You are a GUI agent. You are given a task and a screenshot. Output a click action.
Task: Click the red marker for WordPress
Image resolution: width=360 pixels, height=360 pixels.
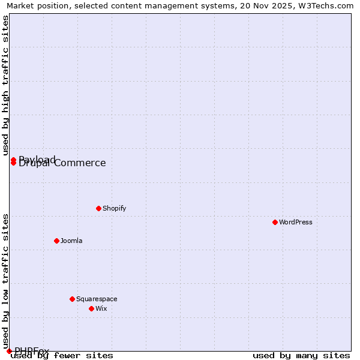[x=275, y=222]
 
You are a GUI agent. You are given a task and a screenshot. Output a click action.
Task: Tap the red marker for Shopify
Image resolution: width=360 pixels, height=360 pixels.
[x=98, y=208]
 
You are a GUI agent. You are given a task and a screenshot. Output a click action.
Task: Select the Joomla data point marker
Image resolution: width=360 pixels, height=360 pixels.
[x=56, y=241]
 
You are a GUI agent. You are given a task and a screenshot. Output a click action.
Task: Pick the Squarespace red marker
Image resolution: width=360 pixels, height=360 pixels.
[x=72, y=299]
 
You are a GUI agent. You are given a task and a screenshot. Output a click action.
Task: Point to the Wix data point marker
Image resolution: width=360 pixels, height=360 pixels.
[x=91, y=308]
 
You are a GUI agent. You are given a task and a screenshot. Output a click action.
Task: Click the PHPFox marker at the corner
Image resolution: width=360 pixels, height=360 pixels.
[x=9, y=351]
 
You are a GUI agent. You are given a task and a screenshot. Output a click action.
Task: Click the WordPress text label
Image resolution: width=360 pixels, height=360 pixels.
[x=296, y=222]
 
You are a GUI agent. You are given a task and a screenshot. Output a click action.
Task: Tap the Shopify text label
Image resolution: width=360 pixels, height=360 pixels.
[x=114, y=208]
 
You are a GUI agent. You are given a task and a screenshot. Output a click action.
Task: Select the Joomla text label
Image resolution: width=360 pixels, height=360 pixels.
[x=71, y=241]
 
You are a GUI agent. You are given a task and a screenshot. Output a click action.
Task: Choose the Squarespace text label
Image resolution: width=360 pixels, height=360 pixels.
[x=97, y=299]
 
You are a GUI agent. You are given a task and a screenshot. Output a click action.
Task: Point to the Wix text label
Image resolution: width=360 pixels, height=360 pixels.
[x=101, y=308]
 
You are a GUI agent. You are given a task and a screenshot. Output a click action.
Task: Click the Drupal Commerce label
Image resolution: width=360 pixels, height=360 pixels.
[x=62, y=163]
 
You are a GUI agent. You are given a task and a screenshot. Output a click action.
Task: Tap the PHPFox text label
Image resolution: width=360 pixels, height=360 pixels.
[x=32, y=351]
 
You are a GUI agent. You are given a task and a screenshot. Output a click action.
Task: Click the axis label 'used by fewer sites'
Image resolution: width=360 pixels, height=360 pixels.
[x=62, y=356]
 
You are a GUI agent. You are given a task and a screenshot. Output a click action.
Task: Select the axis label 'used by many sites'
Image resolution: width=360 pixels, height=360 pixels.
[x=301, y=356]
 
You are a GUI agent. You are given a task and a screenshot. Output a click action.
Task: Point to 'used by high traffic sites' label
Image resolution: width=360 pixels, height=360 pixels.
[x=5, y=86]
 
